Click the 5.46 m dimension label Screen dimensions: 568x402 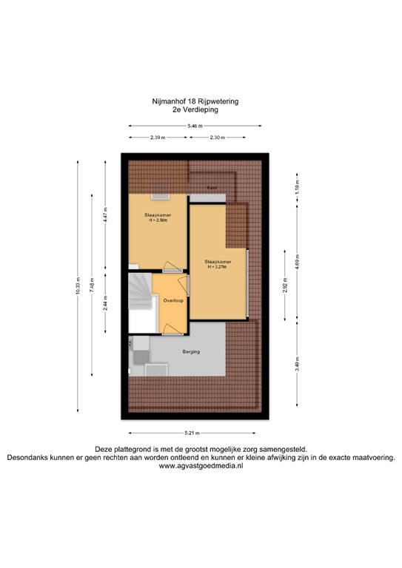coord(195,126)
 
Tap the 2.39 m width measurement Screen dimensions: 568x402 coord(157,138)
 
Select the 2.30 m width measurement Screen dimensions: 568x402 coord(218,138)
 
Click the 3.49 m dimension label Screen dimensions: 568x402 coord(297,368)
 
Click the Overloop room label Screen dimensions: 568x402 coord(173,301)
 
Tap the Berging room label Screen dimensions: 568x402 coord(192,352)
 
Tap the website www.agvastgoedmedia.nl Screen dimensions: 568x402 coord(201,467)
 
